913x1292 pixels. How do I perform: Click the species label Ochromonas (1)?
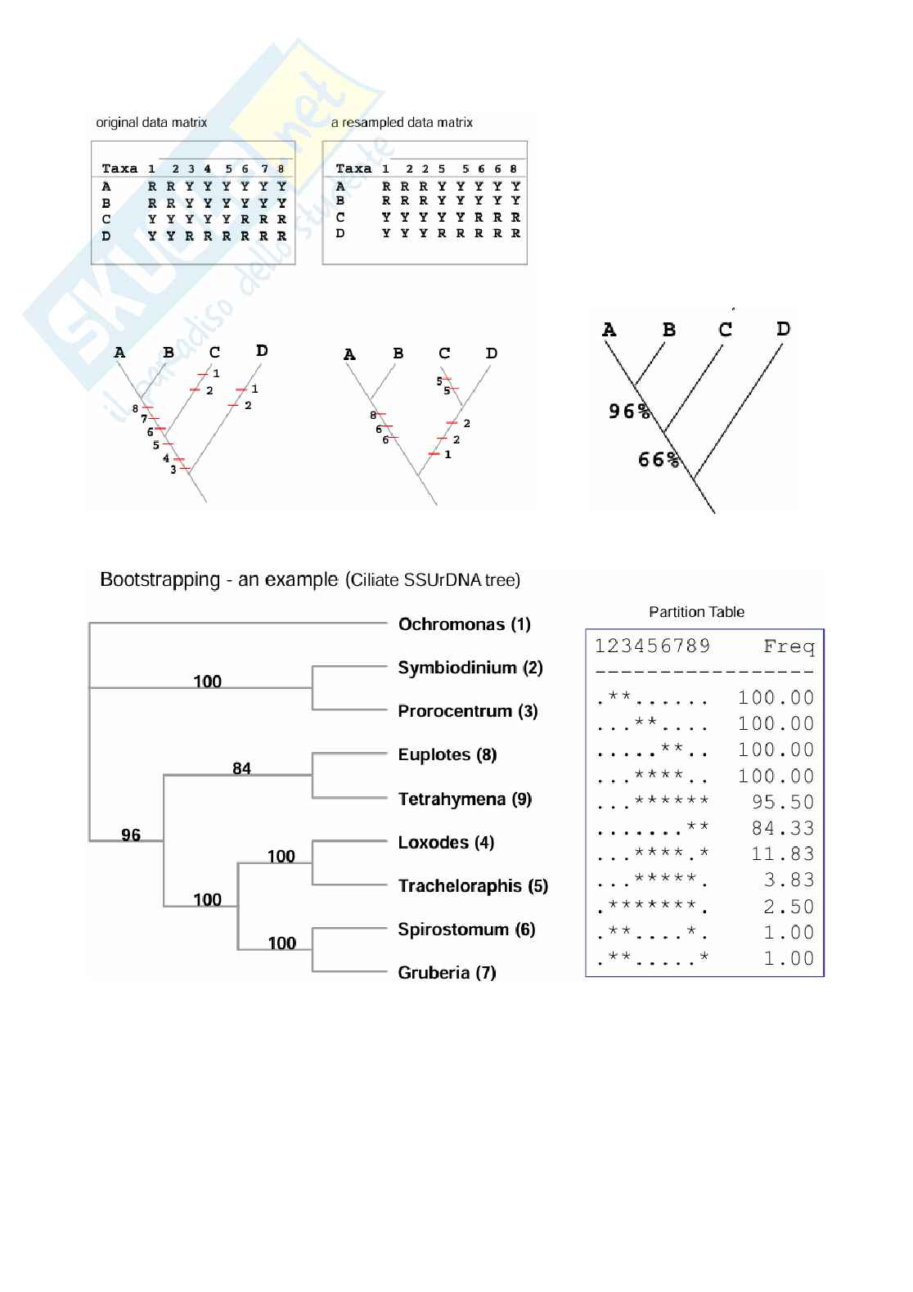click(464, 624)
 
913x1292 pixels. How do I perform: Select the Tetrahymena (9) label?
click(464, 799)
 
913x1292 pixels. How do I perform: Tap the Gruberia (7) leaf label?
click(447, 973)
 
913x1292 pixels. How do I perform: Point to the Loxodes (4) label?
click(446, 842)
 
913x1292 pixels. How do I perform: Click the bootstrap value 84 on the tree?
click(241, 768)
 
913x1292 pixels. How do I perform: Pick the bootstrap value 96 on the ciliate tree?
click(131, 835)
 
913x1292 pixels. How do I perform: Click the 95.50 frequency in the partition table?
click(783, 802)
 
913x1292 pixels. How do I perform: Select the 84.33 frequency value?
click(783, 828)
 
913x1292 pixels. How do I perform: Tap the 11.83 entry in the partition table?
click(783, 854)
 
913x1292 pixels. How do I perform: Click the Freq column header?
click(789, 647)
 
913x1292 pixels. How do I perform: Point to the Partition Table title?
click(696, 612)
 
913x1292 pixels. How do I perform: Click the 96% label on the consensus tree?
click(628, 411)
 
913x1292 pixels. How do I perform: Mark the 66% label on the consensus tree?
click(659, 460)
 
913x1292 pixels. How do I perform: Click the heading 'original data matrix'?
click(151, 123)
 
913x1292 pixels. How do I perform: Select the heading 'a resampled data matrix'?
click(402, 123)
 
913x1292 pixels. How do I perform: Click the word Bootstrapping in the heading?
click(160, 580)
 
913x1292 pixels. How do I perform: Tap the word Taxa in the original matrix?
click(119, 169)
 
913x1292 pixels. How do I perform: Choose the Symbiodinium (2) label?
click(470, 668)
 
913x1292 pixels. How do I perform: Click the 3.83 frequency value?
click(789, 880)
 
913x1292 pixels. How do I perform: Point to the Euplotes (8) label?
click(447, 754)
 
